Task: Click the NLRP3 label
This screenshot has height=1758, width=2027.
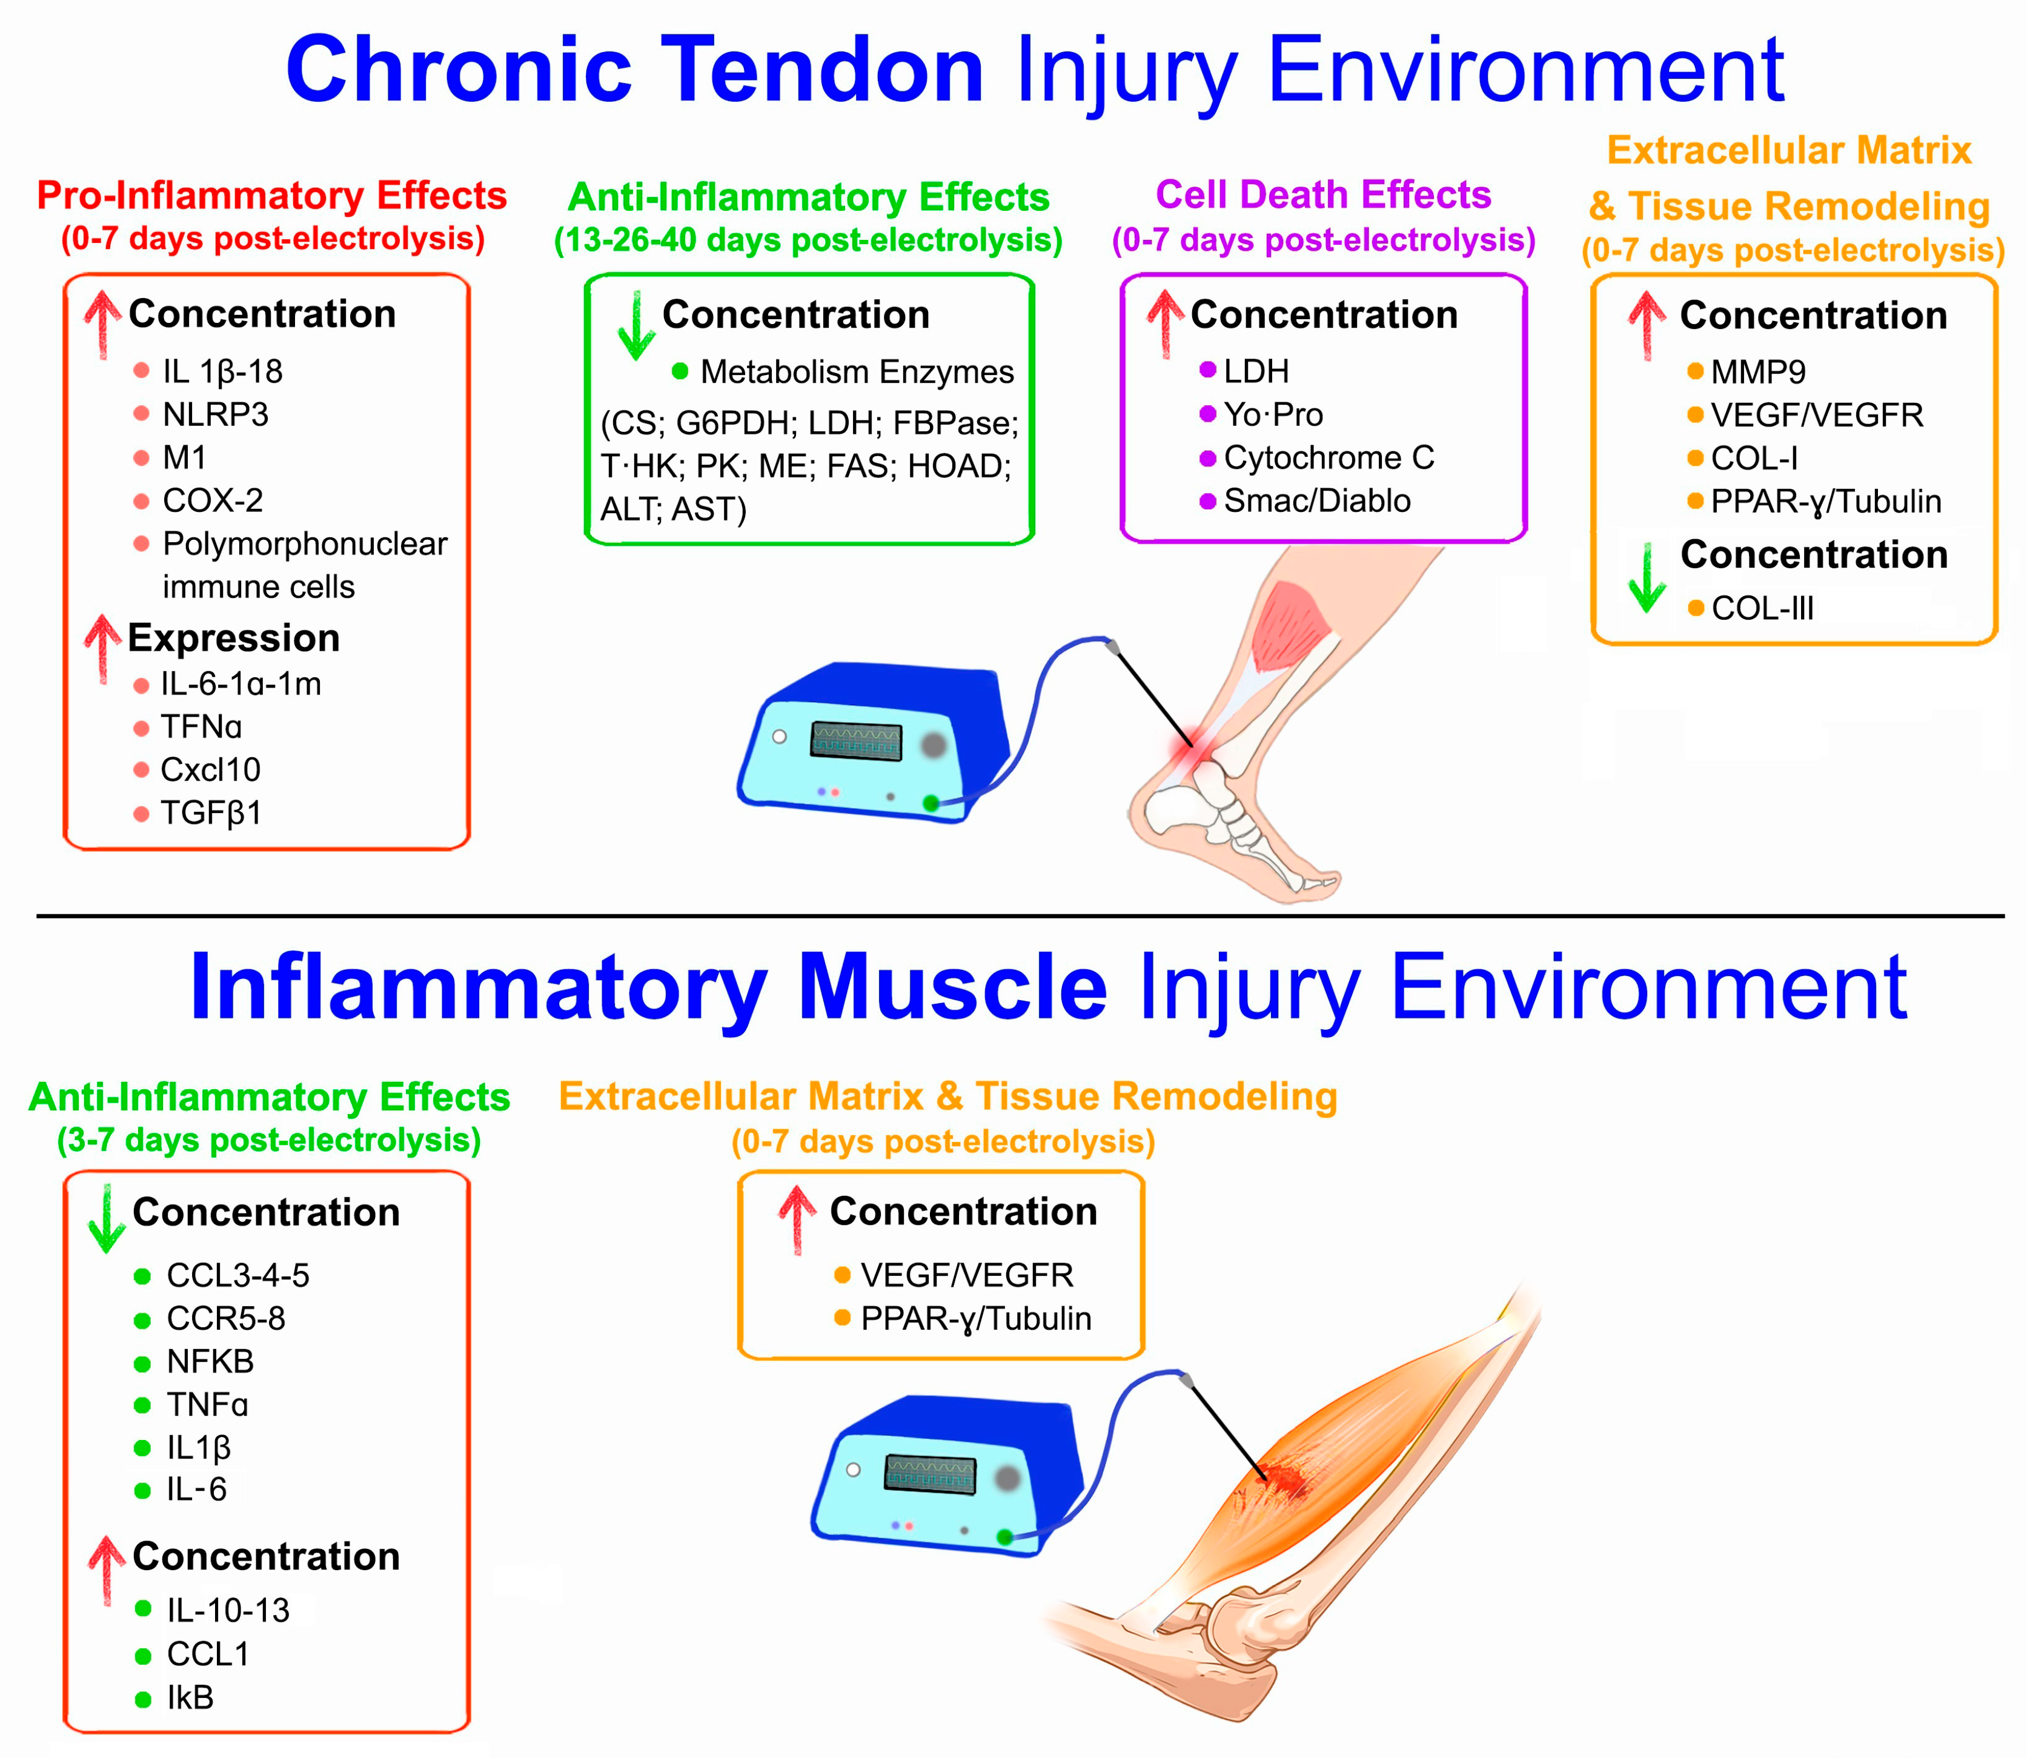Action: click(215, 415)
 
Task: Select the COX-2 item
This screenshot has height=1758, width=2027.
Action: click(213, 502)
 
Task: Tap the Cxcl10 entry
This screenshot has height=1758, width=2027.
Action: click(211, 770)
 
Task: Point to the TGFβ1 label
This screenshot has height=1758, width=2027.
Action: click(211, 813)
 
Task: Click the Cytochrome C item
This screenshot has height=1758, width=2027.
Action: click(1329, 458)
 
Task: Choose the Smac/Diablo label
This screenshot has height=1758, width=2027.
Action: click(1316, 502)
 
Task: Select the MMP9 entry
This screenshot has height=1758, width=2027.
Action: click(1757, 373)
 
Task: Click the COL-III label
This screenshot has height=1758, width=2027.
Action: click(1762, 608)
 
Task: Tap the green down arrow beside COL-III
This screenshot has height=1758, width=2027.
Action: click(1647, 579)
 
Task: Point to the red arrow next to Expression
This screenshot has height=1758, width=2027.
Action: click(102, 648)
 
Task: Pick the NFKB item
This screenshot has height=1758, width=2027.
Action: click(210, 1362)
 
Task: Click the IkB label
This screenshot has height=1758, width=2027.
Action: click(190, 1697)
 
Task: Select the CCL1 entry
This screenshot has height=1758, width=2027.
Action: click(208, 1654)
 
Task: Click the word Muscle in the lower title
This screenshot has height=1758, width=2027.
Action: click(952, 988)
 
